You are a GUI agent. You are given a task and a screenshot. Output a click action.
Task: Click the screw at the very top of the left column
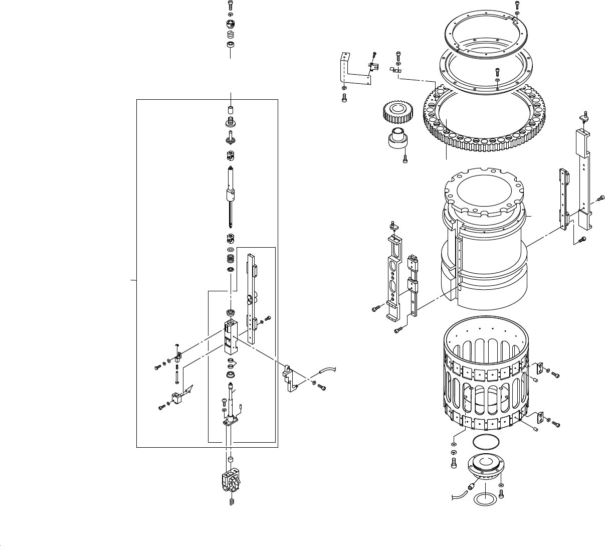pos(231,6)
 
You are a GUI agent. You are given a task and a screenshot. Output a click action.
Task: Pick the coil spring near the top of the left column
pos(231,35)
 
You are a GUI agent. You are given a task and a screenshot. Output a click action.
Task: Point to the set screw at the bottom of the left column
pos(232,501)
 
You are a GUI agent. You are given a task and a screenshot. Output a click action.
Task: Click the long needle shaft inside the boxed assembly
pos(231,196)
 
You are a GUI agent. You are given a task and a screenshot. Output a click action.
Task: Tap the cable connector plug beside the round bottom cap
pos(470,487)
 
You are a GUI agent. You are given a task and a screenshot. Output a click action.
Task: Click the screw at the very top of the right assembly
pos(517,5)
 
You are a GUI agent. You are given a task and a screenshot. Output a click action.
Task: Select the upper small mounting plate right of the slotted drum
pos(539,369)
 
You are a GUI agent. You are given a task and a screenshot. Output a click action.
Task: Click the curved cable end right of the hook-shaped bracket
pos(328,371)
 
